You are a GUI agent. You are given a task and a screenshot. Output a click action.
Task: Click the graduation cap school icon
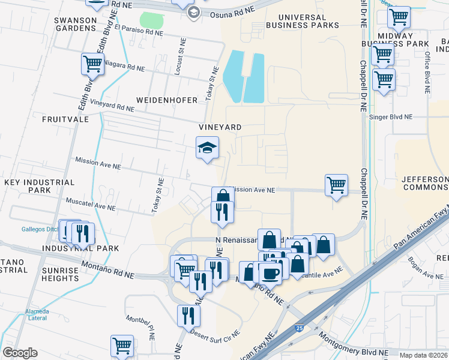coord(207,148)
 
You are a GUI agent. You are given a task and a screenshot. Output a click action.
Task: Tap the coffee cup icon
coord(270,273)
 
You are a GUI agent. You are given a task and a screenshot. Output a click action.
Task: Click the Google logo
coord(20,353)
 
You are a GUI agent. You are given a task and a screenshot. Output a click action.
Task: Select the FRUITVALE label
coord(65,119)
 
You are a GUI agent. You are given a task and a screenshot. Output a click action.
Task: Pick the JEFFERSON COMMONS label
coord(424,183)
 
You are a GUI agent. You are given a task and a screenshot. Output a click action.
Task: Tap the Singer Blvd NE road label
coord(391,117)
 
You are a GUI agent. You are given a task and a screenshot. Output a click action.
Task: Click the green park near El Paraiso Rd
coord(152,20)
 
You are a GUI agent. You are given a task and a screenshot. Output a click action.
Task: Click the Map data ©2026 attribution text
coord(424,355)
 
